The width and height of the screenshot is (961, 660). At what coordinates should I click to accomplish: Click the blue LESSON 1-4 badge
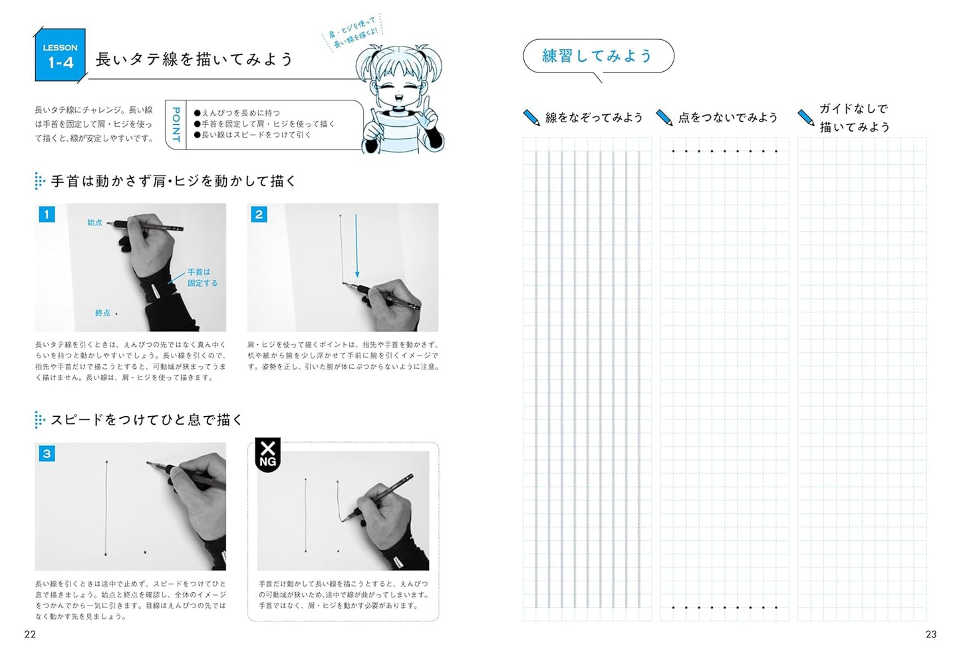click(x=60, y=55)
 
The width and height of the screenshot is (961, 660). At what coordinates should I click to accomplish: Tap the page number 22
click(x=30, y=634)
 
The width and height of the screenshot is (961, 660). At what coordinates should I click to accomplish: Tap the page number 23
click(x=930, y=634)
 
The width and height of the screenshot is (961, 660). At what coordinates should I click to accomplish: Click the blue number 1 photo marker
click(x=47, y=214)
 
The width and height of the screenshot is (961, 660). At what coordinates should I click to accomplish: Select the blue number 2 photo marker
click(x=259, y=214)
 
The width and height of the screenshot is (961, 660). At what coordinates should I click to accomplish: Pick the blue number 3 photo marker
click(x=47, y=453)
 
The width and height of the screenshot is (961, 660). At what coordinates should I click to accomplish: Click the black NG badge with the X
click(x=268, y=454)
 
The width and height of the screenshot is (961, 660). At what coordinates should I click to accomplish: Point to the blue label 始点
click(x=95, y=222)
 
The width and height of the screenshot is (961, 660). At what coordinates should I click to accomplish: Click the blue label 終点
click(x=102, y=313)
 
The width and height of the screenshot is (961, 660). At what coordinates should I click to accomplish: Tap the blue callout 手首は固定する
click(x=202, y=277)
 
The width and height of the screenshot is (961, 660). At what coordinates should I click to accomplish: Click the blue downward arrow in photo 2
click(x=356, y=246)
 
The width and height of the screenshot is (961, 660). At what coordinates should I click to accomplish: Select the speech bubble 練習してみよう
click(x=598, y=56)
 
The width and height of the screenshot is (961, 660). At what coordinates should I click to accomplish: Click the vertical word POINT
click(x=176, y=124)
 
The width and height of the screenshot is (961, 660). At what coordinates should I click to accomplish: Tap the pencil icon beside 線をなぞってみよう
click(x=531, y=117)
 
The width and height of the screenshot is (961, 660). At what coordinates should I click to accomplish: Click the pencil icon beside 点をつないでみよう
click(x=664, y=117)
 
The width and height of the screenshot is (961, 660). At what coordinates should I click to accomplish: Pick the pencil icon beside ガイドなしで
click(x=806, y=117)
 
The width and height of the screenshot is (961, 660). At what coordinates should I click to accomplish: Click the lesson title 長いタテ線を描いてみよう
click(x=194, y=59)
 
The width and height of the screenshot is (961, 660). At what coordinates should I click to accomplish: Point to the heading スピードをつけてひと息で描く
click(x=147, y=419)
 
